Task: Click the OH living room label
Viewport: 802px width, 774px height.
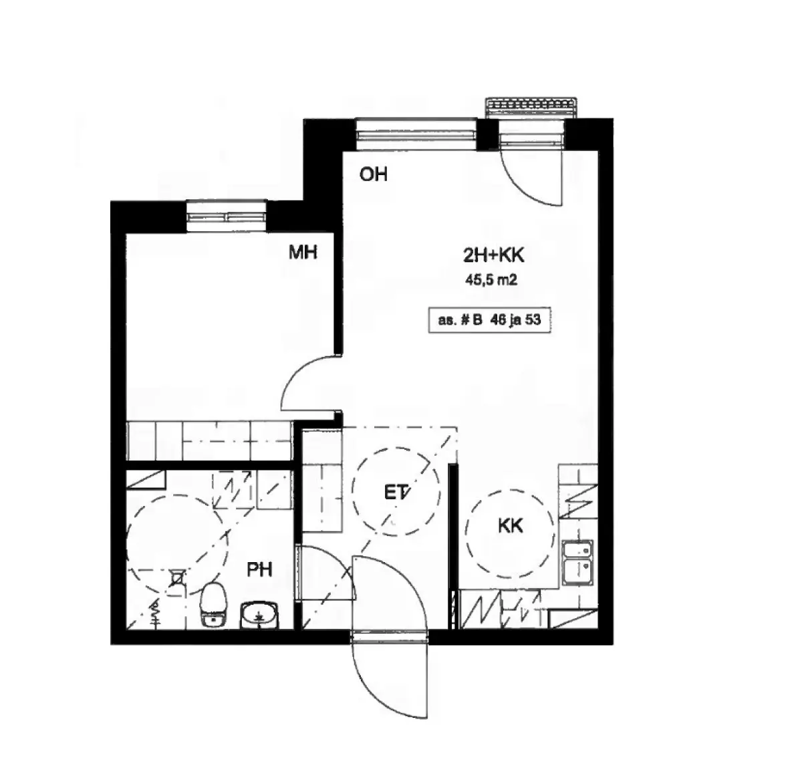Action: [x=374, y=174]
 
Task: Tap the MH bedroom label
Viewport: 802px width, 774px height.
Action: [x=303, y=252]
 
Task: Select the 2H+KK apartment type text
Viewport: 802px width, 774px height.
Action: [x=494, y=255]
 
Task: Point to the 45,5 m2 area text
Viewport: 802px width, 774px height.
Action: [x=491, y=280]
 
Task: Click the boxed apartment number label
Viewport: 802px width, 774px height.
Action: [x=490, y=319]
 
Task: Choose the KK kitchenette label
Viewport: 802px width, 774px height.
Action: [x=511, y=526]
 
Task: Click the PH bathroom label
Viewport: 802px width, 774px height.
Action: [x=259, y=570]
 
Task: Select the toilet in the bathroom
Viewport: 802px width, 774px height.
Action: [x=213, y=604]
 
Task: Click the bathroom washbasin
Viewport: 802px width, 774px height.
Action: [x=259, y=616]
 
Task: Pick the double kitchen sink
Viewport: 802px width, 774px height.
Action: [x=578, y=562]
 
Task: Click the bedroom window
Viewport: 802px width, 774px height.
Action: [x=226, y=216]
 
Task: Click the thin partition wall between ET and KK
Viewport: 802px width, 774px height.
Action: [x=452, y=547]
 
